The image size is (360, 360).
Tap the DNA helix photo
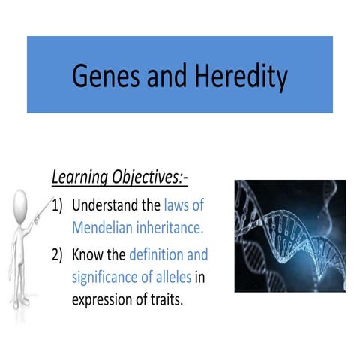tap(289, 235)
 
